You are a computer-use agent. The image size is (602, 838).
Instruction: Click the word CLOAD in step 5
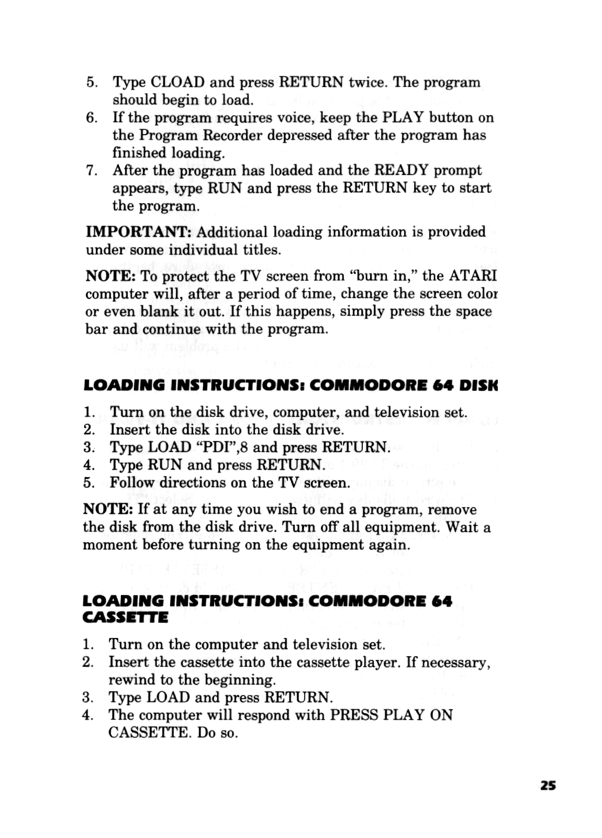[x=177, y=82]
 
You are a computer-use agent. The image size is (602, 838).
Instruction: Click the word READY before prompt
[x=401, y=170]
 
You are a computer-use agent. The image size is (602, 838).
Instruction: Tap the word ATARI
[x=473, y=275]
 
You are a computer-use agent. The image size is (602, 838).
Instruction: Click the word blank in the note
[x=160, y=311]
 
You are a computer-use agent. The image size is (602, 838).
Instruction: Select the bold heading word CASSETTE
[x=125, y=618]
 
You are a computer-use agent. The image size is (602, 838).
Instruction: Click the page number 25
[x=548, y=786]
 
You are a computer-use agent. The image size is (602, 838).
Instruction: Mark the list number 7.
[x=90, y=171]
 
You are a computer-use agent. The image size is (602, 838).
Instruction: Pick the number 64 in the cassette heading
[x=442, y=601]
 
